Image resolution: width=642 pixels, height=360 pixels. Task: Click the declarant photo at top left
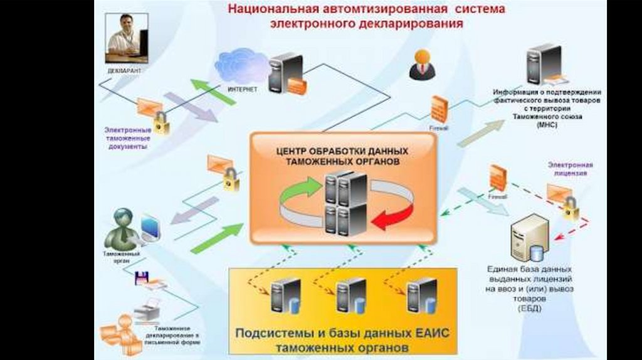tap(127, 38)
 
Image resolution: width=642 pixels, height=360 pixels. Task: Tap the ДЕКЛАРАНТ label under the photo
tap(124, 71)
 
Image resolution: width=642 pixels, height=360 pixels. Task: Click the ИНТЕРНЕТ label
tap(243, 90)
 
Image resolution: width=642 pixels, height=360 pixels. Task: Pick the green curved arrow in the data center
tap(300, 189)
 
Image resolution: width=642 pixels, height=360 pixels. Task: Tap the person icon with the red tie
tap(422, 65)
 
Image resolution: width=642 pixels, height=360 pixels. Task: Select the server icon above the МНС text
tap(543, 65)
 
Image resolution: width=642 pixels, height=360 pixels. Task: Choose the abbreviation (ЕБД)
tap(526, 309)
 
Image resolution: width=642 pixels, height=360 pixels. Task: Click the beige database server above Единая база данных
tap(529, 237)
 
